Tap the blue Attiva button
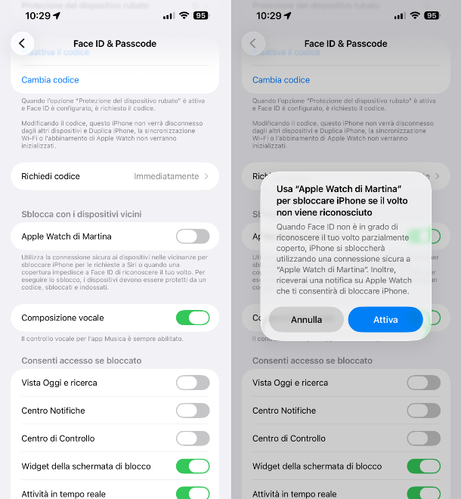point(385,320)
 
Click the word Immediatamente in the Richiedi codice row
point(166,176)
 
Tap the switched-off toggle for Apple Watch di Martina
point(192,237)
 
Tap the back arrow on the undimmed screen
point(22,44)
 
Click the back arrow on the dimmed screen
point(253,44)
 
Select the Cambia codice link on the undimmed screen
point(50,80)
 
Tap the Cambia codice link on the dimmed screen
point(281,80)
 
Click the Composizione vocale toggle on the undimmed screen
point(192,318)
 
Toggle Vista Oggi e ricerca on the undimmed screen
point(192,383)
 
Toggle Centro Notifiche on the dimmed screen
point(423,411)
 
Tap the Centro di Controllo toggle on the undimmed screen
point(192,439)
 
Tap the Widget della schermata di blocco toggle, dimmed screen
point(423,466)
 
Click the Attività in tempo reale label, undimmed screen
point(63,494)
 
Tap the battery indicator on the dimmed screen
point(432,15)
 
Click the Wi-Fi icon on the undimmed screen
point(184,15)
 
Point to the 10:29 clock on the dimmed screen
point(268,15)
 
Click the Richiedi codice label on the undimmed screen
point(51,176)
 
